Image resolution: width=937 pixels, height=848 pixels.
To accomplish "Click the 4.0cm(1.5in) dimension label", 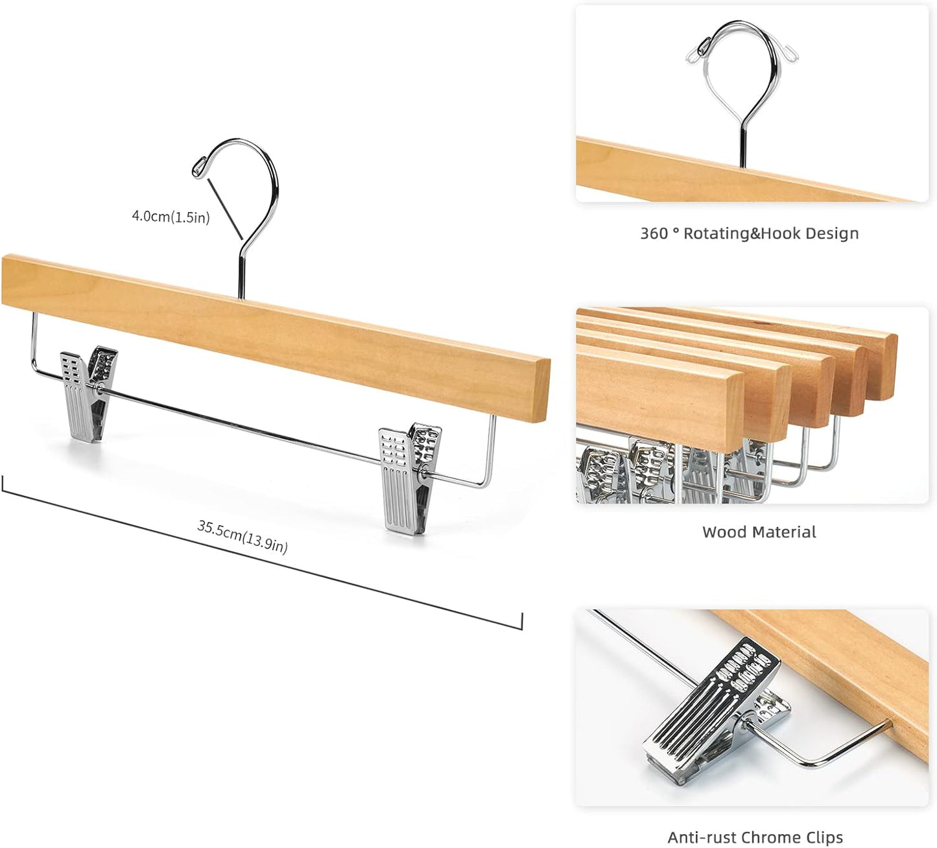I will (x=171, y=217).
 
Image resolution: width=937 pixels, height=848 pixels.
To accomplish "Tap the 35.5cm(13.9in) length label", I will (x=243, y=537).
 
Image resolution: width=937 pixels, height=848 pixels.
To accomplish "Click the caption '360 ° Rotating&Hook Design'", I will (x=749, y=233).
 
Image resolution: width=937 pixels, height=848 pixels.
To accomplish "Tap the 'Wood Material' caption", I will (x=759, y=532).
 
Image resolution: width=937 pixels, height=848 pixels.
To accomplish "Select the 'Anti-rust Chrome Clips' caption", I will (x=755, y=838).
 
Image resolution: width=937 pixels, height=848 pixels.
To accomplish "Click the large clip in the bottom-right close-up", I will (x=707, y=707).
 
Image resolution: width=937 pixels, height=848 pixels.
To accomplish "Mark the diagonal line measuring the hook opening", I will (x=224, y=207).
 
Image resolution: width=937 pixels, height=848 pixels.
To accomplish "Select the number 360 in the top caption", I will (x=654, y=233).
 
